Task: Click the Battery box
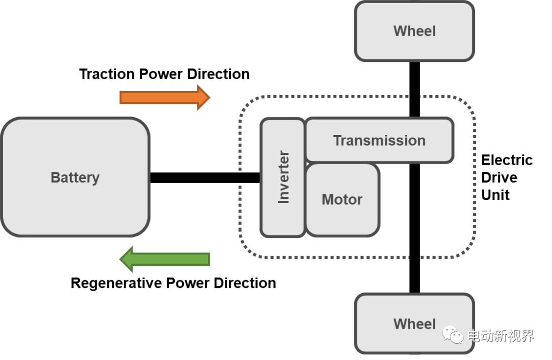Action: coord(75,177)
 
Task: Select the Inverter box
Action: coord(283,177)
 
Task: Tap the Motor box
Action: coord(342,199)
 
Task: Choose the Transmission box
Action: coord(379,141)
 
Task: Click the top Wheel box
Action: coord(415,31)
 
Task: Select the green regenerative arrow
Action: coord(165,259)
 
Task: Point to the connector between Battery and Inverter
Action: coord(204,177)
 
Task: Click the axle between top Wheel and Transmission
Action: coord(415,89)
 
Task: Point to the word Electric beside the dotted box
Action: coord(507,160)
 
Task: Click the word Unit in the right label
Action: coord(495,195)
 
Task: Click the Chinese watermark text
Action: coord(500,336)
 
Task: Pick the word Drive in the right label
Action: coord(499,177)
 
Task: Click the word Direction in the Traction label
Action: coord(218,74)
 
